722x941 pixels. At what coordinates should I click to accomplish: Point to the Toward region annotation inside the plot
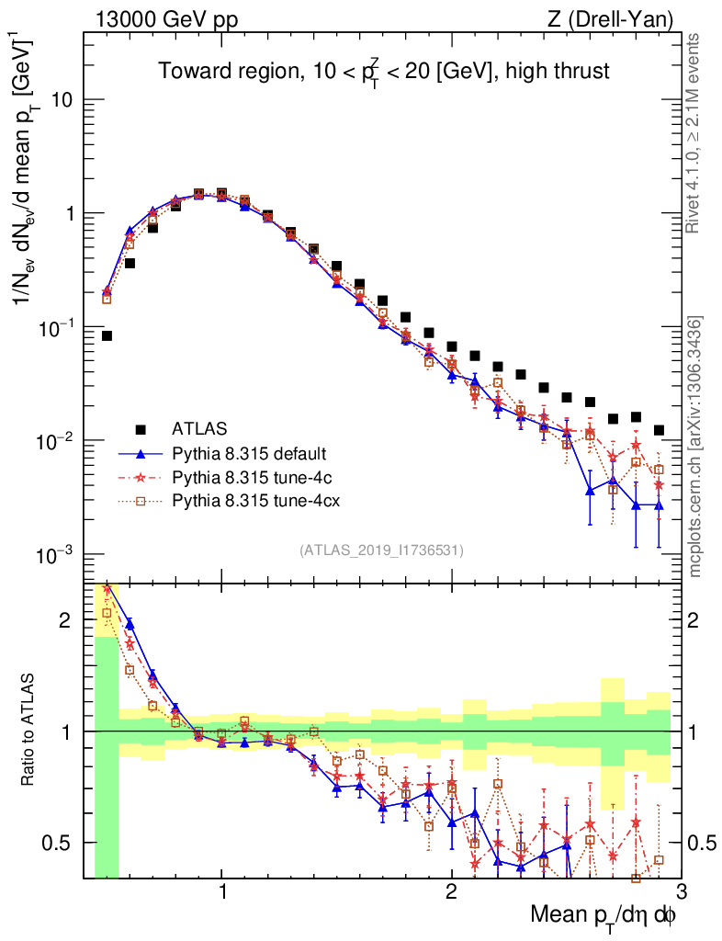tap(383, 71)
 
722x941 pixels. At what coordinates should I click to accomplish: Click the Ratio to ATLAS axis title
tap(29, 731)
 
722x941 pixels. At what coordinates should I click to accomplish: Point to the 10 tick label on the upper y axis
tap(62, 99)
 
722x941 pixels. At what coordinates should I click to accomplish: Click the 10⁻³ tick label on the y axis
tap(57, 554)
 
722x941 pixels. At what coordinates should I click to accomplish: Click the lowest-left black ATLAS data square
tap(107, 336)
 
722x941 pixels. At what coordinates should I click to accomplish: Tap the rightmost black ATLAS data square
tap(659, 430)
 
